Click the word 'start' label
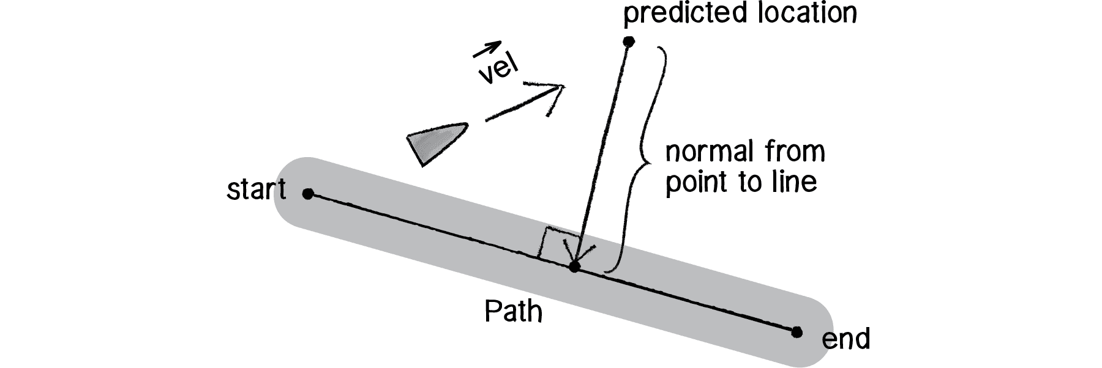pyautogui.click(x=256, y=190)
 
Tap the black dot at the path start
pyautogui.click(x=308, y=194)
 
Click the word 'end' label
pyautogui.click(x=845, y=339)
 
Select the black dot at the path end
pyautogui.click(x=796, y=332)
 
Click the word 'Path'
pyautogui.click(x=513, y=312)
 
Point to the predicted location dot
pyautogui.click(x=628, y=42)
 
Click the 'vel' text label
pyautogui.click(x=497, y=72)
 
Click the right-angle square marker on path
pyautogui.click(x=554, y=245)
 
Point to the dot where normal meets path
pyautogui.click(x=574, y=267)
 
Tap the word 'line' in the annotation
pyautogui.click(x=797, y=182)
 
